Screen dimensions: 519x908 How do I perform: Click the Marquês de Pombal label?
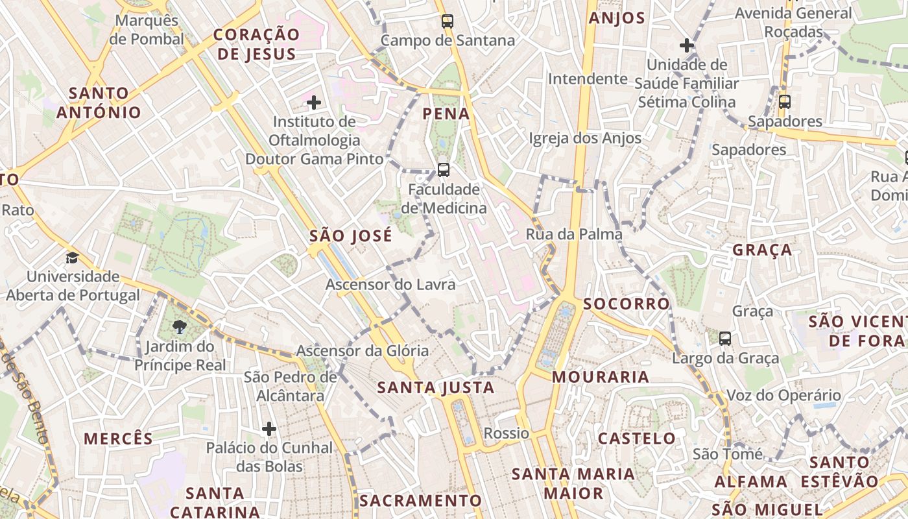(147, 30)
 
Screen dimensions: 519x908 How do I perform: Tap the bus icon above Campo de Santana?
(448, 21)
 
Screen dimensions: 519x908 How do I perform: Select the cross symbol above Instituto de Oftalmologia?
(314, 103)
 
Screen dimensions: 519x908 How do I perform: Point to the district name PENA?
(446, 114)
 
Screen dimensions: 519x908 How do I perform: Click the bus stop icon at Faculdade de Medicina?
(444, 170)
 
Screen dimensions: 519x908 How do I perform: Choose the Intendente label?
(588, 79)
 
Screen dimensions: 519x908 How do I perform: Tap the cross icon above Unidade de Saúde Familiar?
(687, 45)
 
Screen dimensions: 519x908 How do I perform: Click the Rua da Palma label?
(574, 234)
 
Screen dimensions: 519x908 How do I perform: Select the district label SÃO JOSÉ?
(351, 235)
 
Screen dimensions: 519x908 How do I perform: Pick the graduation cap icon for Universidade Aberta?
(72, 258)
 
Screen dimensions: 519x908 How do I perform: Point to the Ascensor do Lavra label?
(390, 284)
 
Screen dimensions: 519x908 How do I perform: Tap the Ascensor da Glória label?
(363, 351)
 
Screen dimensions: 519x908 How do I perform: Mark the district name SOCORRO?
(626, 304)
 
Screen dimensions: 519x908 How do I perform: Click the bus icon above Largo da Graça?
(725, 339)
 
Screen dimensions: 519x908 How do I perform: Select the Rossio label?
(507, 433)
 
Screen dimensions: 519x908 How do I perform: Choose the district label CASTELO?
(637, 439)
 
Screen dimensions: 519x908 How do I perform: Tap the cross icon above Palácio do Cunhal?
(269, 429)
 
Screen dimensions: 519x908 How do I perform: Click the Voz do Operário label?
(783, 395)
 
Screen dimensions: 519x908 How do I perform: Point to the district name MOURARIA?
(601, 377)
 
